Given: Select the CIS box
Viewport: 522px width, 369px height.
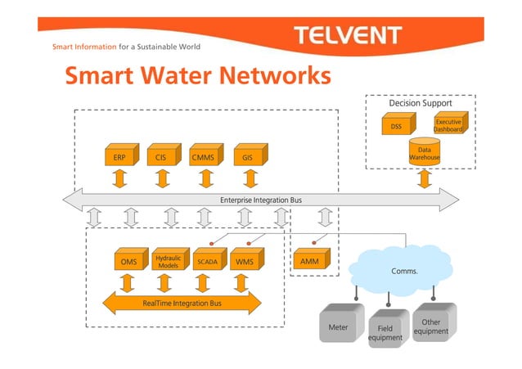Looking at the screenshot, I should (x=161, y=155).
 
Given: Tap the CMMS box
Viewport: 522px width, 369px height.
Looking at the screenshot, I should (x=202, y=155).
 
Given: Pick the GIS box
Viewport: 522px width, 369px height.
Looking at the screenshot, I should (x=246, y=155).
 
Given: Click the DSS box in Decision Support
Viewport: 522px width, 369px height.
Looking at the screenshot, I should (x=396, y=127).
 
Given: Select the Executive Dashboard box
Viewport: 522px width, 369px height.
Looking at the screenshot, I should (x=448, y=125).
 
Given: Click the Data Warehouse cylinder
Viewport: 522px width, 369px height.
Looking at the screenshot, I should (x=424, y=154).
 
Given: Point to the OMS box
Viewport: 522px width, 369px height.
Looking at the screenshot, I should (x=128, y=262).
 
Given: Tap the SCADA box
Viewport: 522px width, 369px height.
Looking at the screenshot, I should (x=206, y=262).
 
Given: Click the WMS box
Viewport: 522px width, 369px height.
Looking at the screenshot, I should (x=244, y=262).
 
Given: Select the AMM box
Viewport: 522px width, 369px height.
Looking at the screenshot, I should (x=308, y=261).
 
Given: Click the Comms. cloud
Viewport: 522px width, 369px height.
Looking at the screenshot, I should (x=400, y=268).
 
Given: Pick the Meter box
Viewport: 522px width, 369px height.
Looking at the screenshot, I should (x=338, y=326).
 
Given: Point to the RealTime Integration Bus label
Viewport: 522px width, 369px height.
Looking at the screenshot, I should (x=182, y=304).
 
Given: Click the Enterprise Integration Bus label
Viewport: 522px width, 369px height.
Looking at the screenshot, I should (x=261, y=200).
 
